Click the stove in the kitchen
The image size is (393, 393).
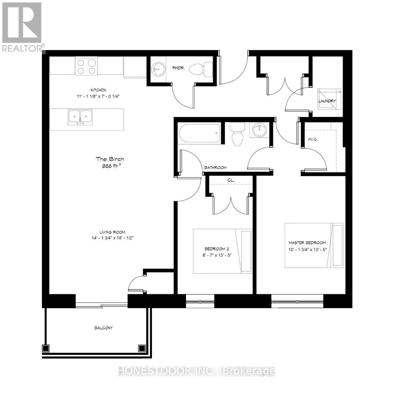pyautogui.click(x=87, y=66)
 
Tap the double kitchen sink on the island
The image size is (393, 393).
pyautogui.click(x=80, y=117)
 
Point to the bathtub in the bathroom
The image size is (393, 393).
pyautogui.click(x=199, y=133)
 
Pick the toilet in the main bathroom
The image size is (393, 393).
pyautogui.click(x=237, y=134)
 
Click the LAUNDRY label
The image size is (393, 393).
pyautogui.click(x=327, y=101)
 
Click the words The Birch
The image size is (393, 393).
pyautogui.click(x=110, y=159)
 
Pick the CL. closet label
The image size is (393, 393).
pyautogui.click(x=231, y=180)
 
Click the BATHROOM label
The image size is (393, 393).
pyautogui.click(x=215, y=168)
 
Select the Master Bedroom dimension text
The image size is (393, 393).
pyautogui.click(x=307, y=249)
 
